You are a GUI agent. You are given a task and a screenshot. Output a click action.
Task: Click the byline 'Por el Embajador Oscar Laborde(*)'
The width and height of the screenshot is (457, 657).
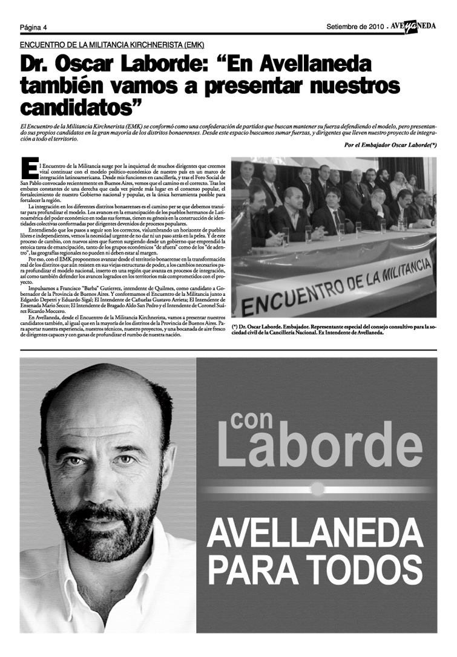pyautogui.click(x=390, y=145)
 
